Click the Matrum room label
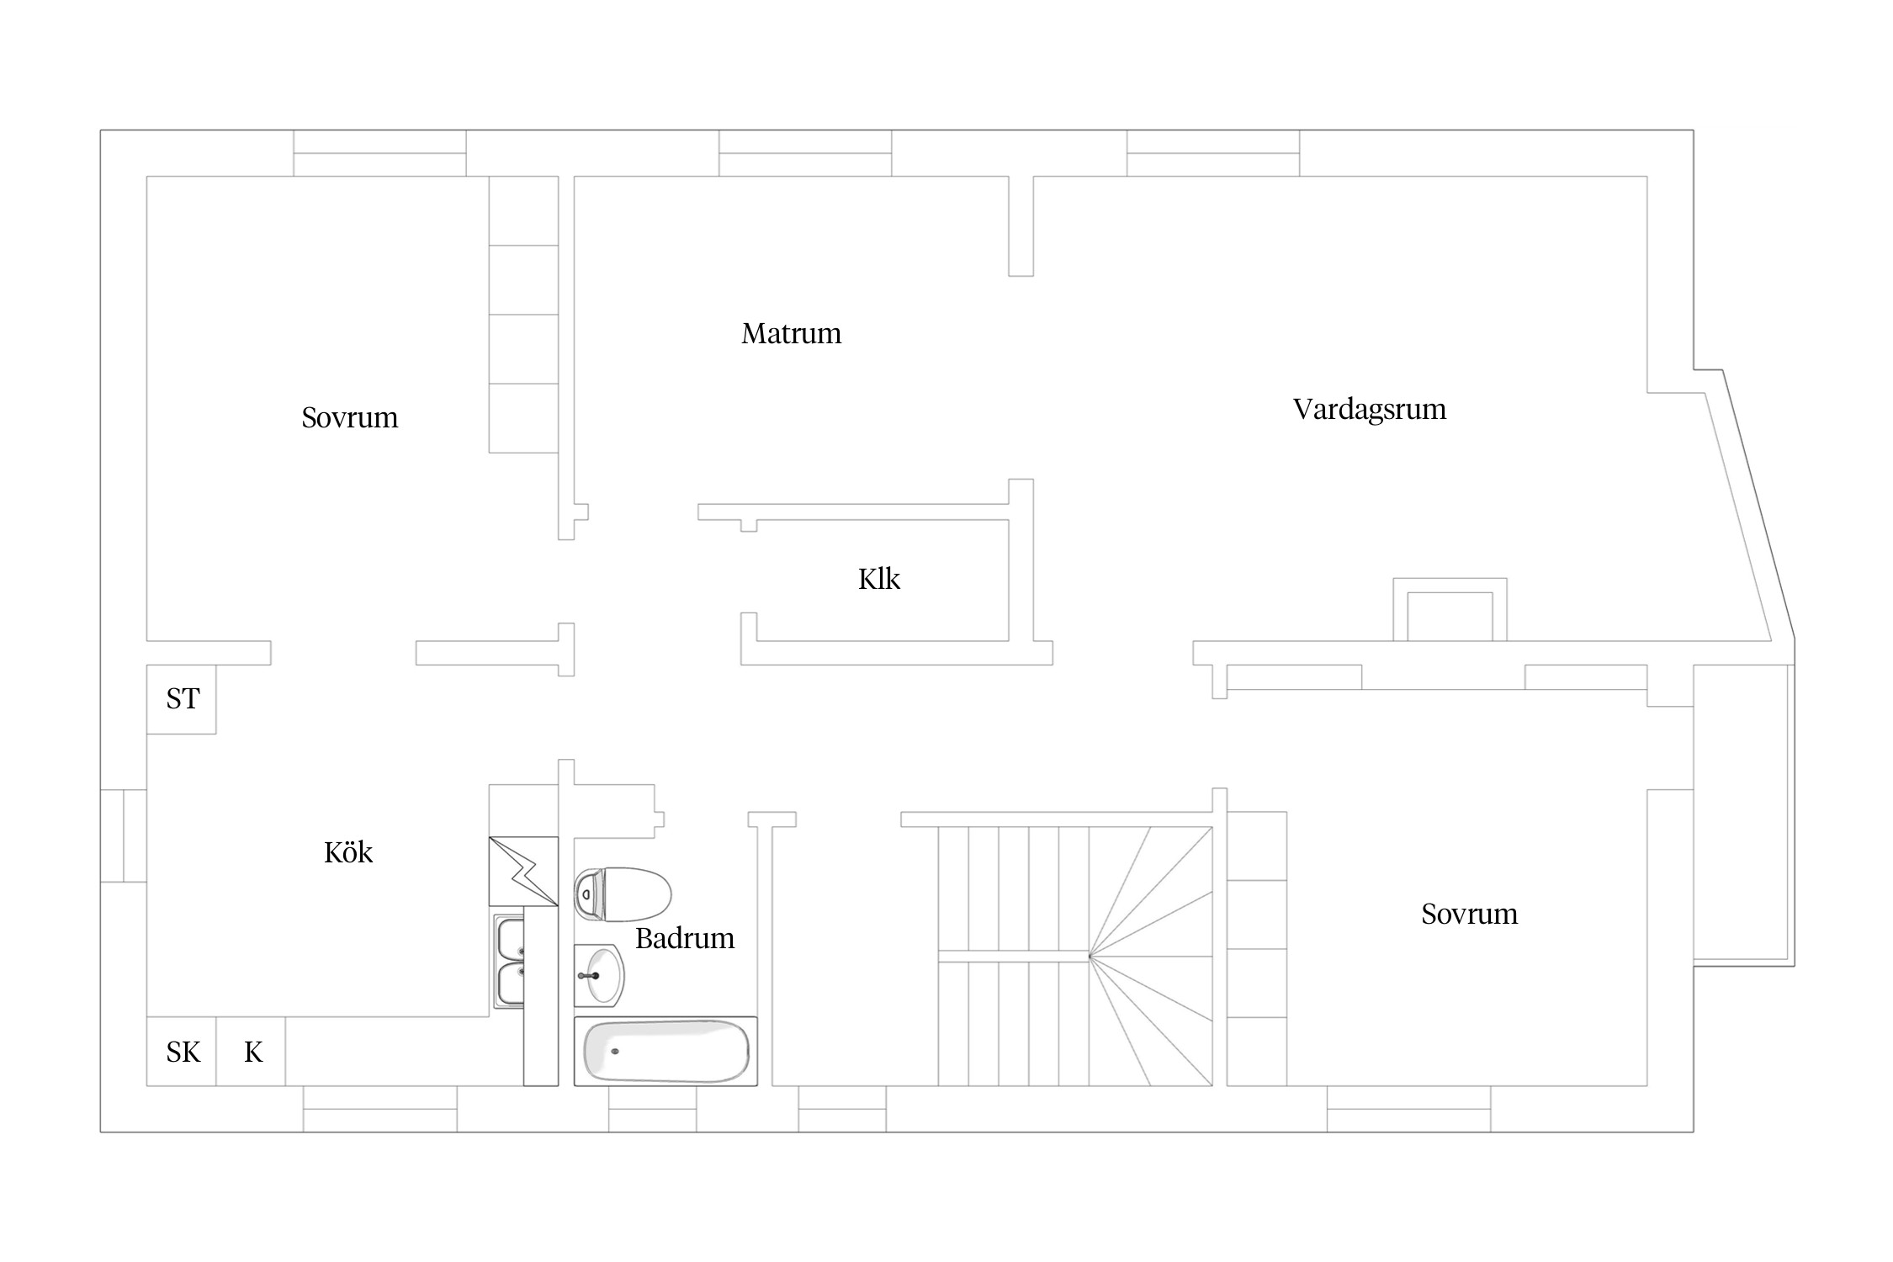(x=791, y=334)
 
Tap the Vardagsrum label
(x=1370, y=410)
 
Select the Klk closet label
(x=879, y=579)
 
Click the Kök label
(x=348, y=852)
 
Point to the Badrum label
(x=685, y=938)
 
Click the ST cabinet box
(x=182, y=699)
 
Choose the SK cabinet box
(x=182, y=1052)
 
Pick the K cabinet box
(x=251, y=1052)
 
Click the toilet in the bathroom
(x=623, y=894)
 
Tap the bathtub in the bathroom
(x=665, y=1052)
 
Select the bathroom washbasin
(x=599, y=976)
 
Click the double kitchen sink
(x=508, y=962)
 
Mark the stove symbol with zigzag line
(x=523, y=872)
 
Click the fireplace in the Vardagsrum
(x=1450, y=610)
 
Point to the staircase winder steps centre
(x=1090, y=957)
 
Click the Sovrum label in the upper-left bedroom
(x=349, y=418)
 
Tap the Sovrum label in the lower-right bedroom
(x=1470, y=915)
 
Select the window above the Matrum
(x=805, y=153)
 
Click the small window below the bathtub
(x=653, y=1109)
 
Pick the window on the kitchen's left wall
(x=124, y=835)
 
